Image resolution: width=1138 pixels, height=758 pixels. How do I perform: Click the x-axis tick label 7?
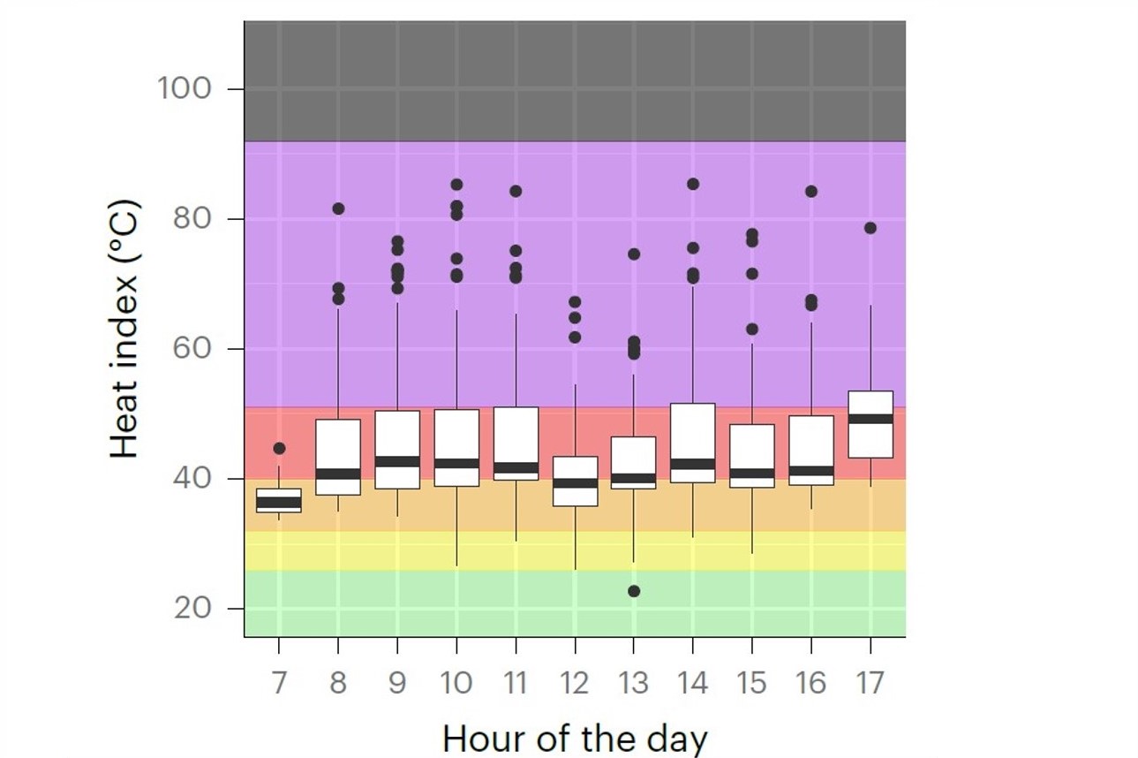tap(279, 683)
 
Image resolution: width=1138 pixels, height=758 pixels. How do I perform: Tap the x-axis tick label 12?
tap(575, 683)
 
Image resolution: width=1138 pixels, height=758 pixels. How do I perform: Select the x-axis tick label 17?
tap(870, 683)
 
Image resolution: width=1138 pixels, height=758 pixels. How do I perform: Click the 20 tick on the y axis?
tap(192, 609)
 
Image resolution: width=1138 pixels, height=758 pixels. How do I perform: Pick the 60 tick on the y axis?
tap(192, 349)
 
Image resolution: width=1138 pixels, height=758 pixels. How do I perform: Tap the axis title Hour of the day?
tap(575, 737)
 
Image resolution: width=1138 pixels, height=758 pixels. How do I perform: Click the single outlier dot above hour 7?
tap(279, 449)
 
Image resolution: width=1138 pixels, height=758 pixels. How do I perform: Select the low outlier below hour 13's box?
tap(634, 591)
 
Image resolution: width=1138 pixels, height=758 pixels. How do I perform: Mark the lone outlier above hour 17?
tap(870, 228)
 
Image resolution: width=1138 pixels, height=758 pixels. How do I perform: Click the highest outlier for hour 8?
tap(338, 208)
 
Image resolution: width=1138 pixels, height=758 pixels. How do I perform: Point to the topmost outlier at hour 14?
tap(693, 184)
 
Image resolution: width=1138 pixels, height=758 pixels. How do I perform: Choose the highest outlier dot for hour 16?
tap(811, 191)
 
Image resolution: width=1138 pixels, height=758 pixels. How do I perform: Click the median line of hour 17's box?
tap(870, 419)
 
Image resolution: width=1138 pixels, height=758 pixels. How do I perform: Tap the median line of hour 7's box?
tap(279, 502)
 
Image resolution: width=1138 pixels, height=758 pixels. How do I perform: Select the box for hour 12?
tap(575, 481)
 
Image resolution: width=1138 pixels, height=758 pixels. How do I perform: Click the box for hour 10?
tap(456, 448)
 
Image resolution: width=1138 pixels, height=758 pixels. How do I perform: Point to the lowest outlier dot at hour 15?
tap(752, 329)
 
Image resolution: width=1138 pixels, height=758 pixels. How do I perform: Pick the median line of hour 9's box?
tap(397, 461)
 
